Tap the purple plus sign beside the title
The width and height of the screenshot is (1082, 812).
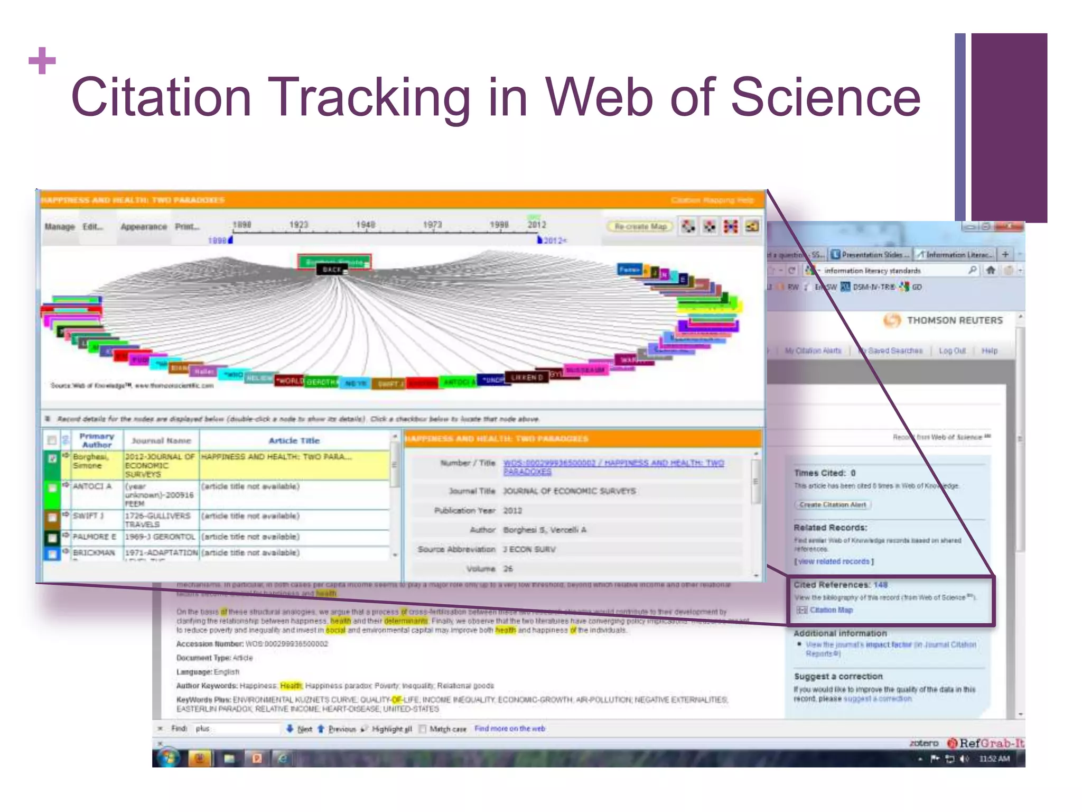pos(42,60)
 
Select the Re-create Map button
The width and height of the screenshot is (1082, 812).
pos(640,227)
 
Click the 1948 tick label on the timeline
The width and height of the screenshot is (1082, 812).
pos(365,225)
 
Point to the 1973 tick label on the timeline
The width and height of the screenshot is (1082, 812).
pos(432,225)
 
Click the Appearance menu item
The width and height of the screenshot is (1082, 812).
pos(143,227)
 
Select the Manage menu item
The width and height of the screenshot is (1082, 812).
pos(60,227)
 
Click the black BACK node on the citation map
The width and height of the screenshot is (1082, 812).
pos(332,270)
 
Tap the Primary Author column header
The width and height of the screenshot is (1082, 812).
pos(97,440)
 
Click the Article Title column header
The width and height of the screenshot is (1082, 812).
pos(294,440)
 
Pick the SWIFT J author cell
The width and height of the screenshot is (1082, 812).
pos(88,515)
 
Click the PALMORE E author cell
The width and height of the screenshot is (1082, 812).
pos(94,537)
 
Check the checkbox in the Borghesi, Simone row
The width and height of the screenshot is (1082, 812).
pos(52,458)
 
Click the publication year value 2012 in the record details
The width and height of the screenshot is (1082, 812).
pos(512,511)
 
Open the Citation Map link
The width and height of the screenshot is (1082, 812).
pos(831,610)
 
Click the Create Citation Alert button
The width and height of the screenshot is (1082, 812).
pos(832,505)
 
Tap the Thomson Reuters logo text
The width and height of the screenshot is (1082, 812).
pos(954,320)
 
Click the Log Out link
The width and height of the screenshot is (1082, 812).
pos(952,351)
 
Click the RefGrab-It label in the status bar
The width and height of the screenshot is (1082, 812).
pos(991,743)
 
